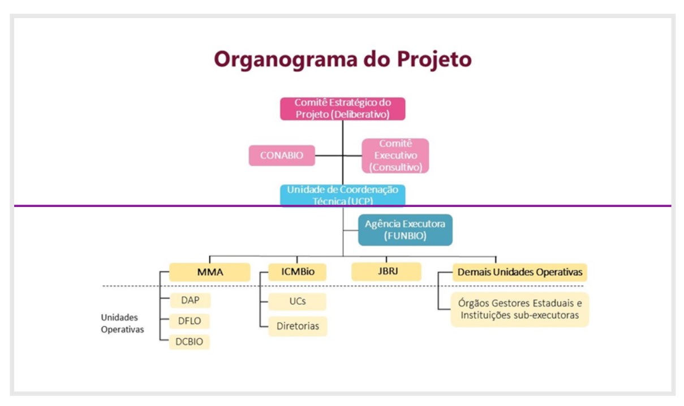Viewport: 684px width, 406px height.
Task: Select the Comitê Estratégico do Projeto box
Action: point(343,109)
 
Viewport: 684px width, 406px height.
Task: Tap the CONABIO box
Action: point(282,156)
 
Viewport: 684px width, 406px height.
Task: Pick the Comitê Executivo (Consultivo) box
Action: point(395,156)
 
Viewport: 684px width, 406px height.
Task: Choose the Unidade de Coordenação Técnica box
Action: point(343,195)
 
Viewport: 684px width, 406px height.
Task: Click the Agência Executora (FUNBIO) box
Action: point(405,230)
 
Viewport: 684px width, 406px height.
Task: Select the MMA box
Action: point(210,272)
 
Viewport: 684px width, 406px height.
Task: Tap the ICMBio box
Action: point(297,272)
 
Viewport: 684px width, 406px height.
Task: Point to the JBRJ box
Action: point(386,271)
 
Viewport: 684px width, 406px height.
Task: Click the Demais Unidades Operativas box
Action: point(519,272)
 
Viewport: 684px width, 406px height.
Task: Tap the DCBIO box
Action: point(189,342)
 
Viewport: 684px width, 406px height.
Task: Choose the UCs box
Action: point(297,301)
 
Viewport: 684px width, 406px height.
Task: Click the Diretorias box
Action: point(298,326)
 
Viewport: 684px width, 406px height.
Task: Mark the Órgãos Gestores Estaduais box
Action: point(519,309)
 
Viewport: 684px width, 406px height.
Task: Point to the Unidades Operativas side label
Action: point(122,323)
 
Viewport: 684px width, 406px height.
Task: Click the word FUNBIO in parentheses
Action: point(405,236)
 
